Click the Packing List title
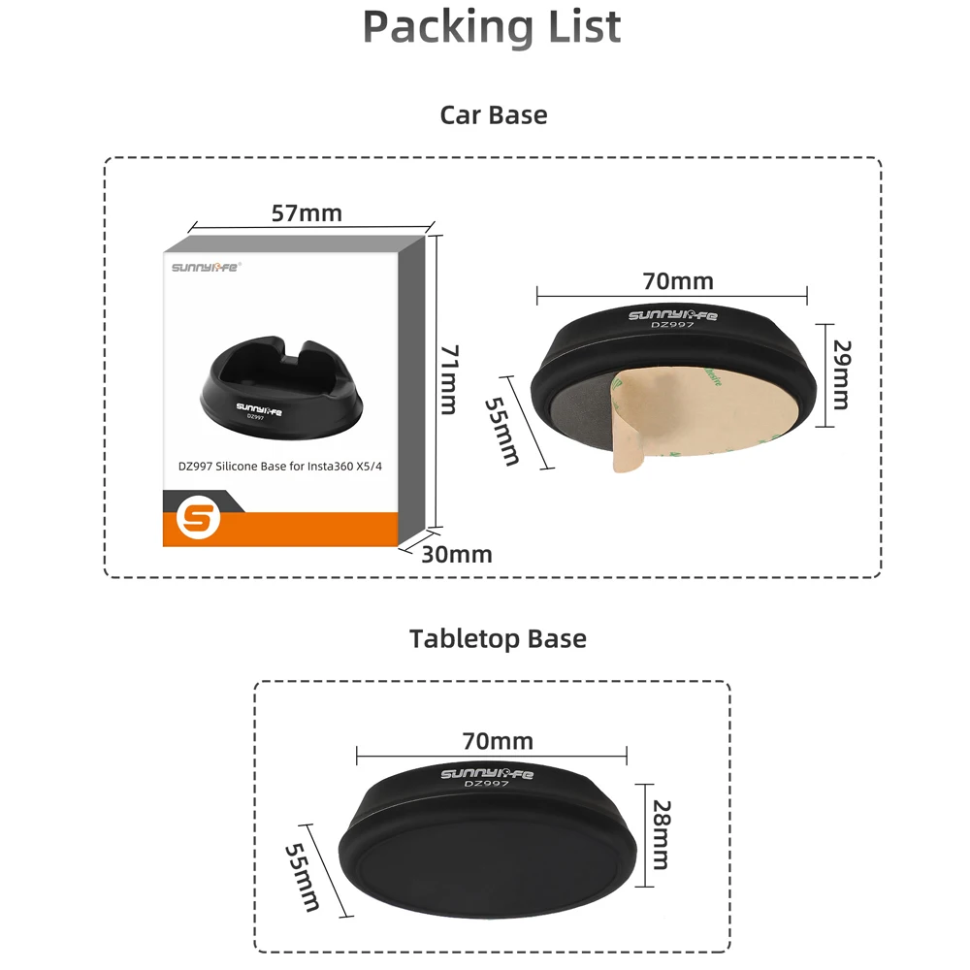point(492,27)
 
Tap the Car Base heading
point(494,115)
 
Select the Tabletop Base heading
point(498,639)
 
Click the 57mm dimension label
point(307,212)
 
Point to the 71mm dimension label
point(449,379)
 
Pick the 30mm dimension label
point(457,554)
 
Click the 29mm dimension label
point(842,374)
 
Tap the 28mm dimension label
point(662,834)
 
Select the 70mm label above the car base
point(678,281)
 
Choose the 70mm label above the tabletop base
point(498,741)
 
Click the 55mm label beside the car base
point(501,431)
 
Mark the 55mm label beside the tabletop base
point(303,877)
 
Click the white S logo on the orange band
point(198,518)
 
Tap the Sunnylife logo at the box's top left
point(207,268)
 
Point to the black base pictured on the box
point(281,389)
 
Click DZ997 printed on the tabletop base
point(486,784)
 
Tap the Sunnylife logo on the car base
point(672,315)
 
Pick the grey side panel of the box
point(411,390)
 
